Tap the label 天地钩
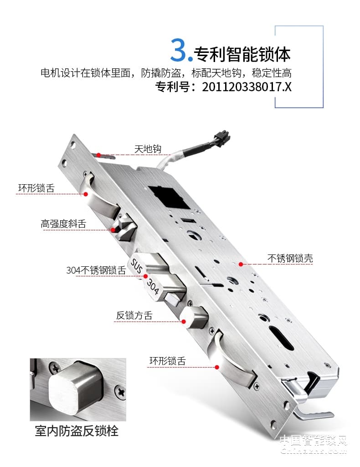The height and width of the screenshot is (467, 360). click(148, 149)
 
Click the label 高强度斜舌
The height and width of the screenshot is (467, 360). click(63, 224)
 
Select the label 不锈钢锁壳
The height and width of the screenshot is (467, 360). click(290, 259)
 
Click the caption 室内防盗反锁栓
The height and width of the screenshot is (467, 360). click(77, 431)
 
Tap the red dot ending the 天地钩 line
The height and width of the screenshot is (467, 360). click(98, 155)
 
